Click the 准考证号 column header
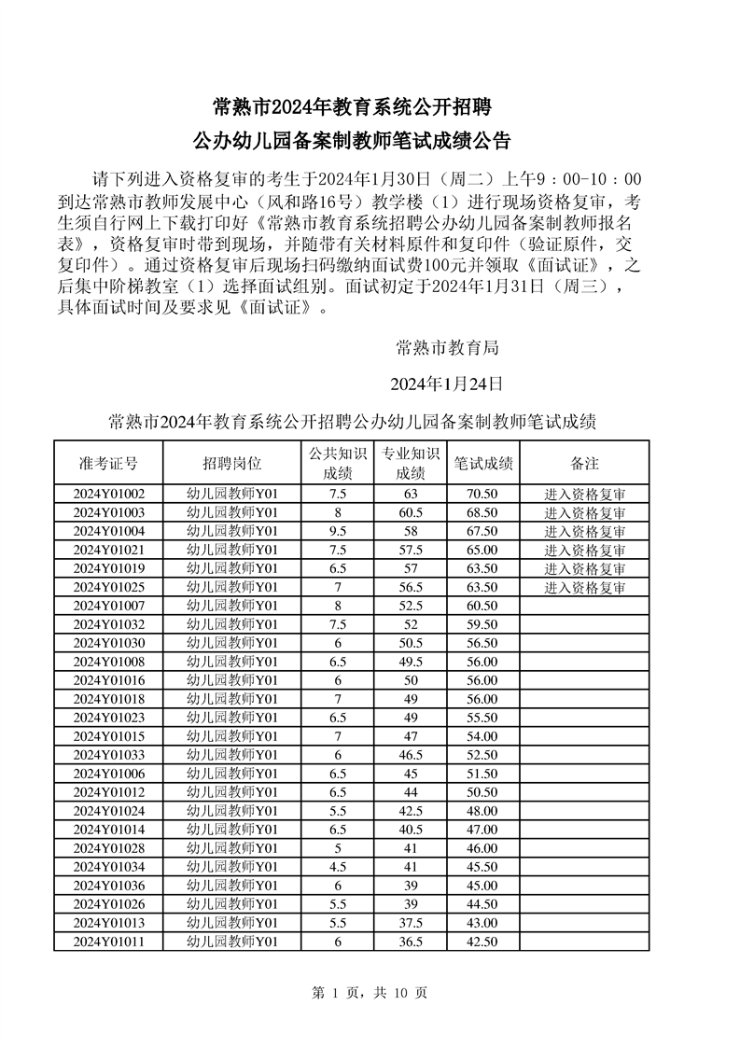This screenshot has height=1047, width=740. [108, 463]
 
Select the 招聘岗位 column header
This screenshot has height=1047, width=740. [232, 463]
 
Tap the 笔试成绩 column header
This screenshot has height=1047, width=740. [482, 463]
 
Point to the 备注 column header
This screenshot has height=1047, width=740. [584, 463]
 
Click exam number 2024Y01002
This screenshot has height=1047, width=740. [108, 495]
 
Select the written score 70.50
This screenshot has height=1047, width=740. [482, 495]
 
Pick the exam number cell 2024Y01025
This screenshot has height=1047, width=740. [108, 588]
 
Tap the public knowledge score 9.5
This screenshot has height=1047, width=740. [338, 532]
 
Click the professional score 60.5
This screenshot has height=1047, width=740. [411, 513]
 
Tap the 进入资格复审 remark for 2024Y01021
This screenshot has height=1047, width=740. [584, 551]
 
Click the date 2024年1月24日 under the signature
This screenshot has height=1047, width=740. [446, 384]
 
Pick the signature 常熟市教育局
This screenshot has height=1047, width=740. [447, 348]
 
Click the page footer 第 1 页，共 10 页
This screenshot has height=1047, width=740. [370, 993]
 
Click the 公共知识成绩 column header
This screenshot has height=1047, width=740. [338, 463]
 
